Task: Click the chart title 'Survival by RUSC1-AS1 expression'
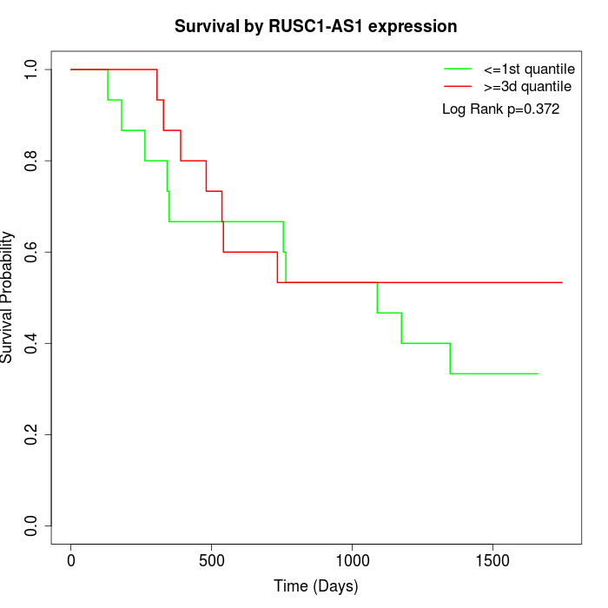(x=315, y=26)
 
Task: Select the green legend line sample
(x=457, y=68)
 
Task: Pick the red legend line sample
(x=457, y=86)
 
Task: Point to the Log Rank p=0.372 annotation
(x=500, y=109)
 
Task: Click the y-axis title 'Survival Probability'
(x=8, y=297)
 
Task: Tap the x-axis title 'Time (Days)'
(x=315, y=586)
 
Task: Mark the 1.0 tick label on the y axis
(x=32, y=69)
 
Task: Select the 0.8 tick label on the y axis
(x=32, y=161)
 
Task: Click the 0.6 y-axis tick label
(x=32, y=252)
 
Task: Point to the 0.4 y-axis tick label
(x=32, y=343)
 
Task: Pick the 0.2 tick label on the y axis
(x=32, y=434)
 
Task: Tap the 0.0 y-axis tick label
(x=32, y=525)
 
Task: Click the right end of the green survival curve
(x=538, y=373)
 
